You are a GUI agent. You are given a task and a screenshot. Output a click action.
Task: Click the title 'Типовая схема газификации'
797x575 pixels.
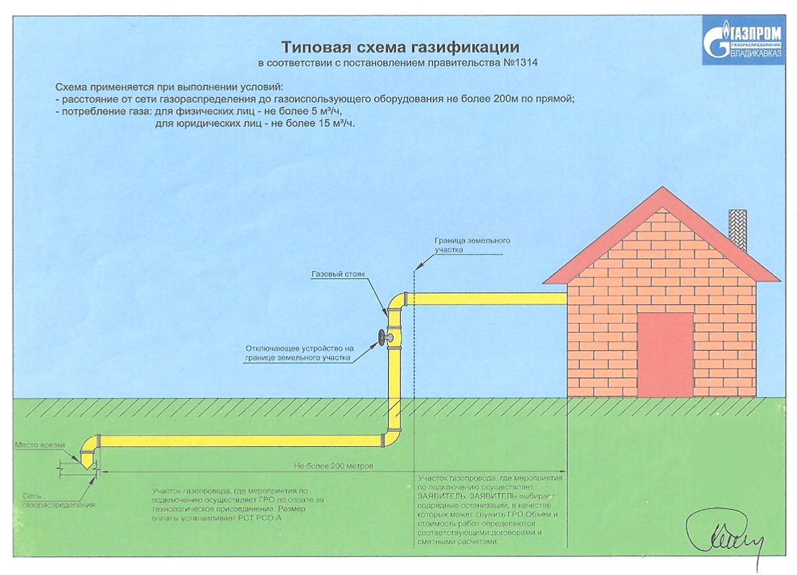[400, 48]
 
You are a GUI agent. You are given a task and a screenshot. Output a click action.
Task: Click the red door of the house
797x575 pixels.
[665, 354]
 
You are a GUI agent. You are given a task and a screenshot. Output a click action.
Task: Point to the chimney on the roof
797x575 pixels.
[738, 230]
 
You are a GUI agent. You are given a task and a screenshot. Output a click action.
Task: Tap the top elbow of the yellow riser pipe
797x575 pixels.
[396, 300]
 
